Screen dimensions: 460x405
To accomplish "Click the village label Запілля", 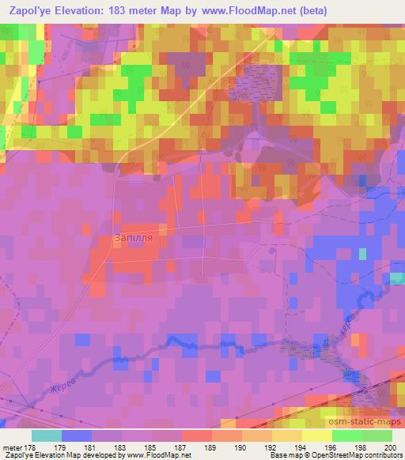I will tap(134, 238).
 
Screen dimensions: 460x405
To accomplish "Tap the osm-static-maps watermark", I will tap(371, 420).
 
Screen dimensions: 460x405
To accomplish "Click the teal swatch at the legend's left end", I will tap(46, 435).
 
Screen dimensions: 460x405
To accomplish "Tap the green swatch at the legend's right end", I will tap(377, 435).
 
